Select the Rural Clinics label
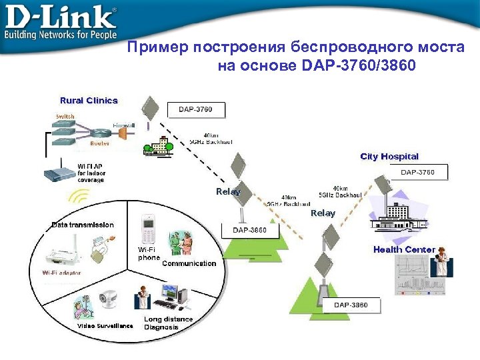[x=89, y=101]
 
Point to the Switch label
[x=65, y=116]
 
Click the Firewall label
[x=123, y=125]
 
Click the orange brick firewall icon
[x=123, y=134]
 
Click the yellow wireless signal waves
[x=79, y=198]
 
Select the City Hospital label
[x=389, y=157]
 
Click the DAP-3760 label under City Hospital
[x=417, y=173]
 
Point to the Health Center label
[x=404, y=249]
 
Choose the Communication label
[x=189, y=263]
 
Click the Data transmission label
[x=83, y=225]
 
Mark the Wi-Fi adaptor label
[x=64, y=273]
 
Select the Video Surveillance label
[x=105, y=326]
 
